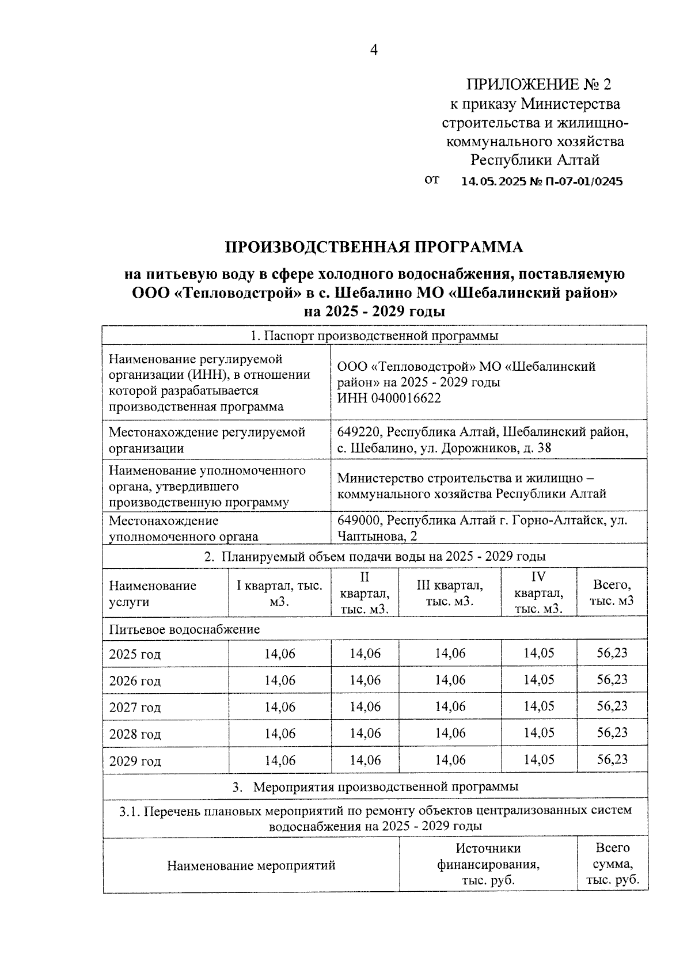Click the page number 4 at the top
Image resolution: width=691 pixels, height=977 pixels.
[373, 51]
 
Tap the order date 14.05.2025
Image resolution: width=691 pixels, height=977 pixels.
[493, 182]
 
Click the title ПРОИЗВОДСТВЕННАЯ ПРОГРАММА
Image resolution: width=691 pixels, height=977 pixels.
[374, 247]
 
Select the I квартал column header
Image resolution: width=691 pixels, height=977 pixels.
[279, 593]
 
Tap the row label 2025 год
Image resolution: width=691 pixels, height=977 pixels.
[135, 655]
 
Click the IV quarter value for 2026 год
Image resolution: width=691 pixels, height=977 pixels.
[538, 680]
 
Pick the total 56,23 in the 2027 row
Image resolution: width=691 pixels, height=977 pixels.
[612, 706]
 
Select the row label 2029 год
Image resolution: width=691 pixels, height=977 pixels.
[135, 761]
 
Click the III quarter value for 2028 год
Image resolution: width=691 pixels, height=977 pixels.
[450, 733]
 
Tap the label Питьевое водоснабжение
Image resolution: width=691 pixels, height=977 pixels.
[184, 629]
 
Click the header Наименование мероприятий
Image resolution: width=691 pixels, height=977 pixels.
[251, 865]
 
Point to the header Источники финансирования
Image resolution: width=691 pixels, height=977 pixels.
[488, 856]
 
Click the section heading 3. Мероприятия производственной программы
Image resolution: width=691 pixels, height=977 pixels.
[375, 786]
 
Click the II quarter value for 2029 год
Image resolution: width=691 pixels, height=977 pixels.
[365, 760]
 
